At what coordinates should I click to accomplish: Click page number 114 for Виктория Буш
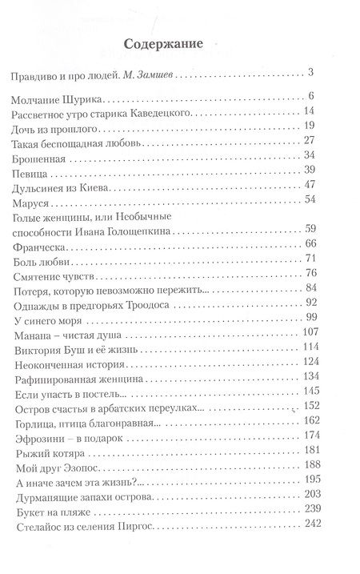click(310, 349)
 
